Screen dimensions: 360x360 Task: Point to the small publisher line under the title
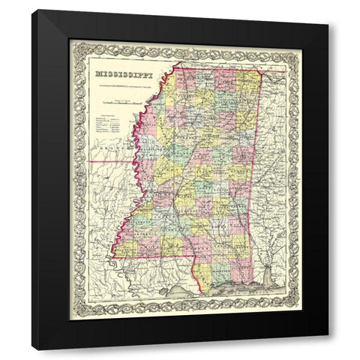[x=121, y=83]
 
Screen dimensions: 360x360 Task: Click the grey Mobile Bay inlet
[x=263, y=280]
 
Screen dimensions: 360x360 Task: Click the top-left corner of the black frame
[x=32, y=11]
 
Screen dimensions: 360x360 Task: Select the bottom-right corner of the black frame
[x=328, y=349]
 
